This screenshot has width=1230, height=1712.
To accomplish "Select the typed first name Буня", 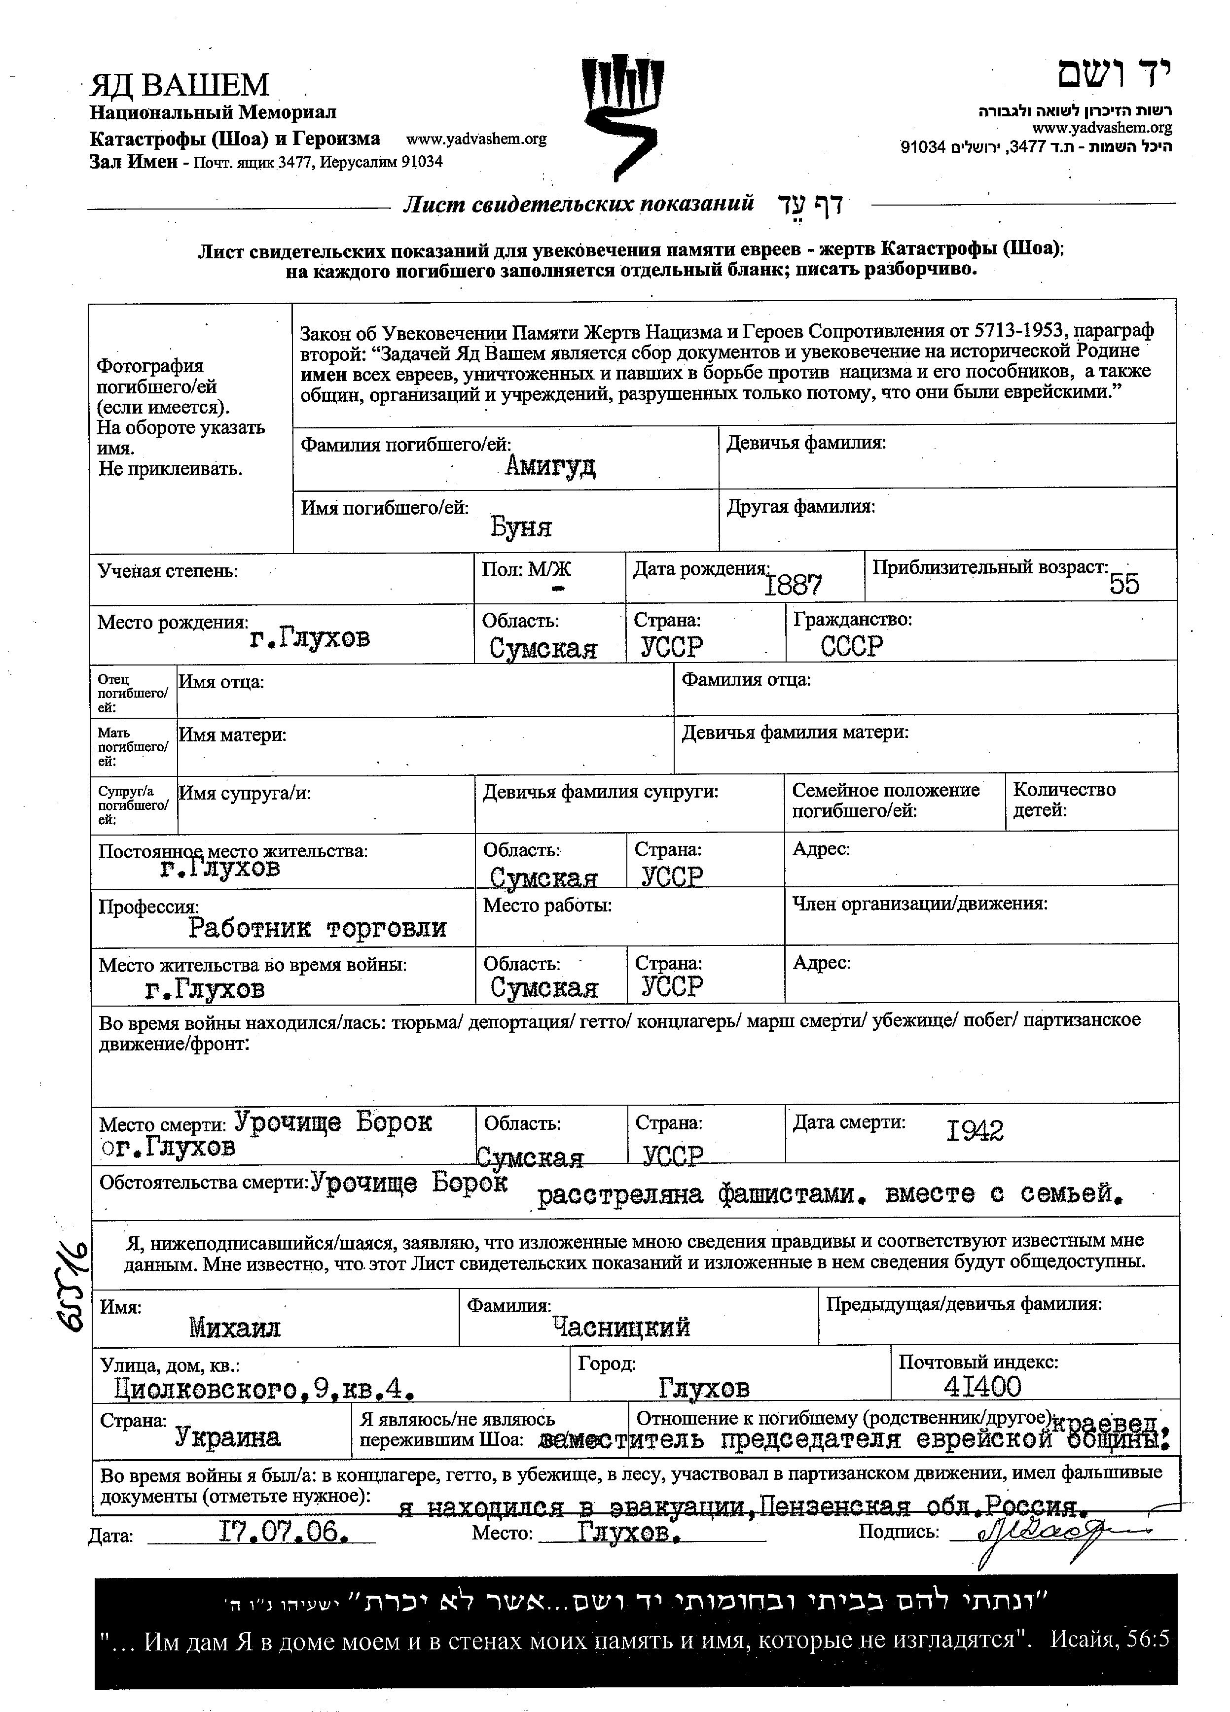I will coord(521,526).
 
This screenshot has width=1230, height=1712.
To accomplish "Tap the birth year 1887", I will coord(793,584).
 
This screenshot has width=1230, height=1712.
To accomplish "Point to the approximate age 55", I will coord(1124,584).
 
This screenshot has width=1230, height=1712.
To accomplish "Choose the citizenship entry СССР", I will coord(852,646).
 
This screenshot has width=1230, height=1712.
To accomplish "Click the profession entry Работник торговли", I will coord(317,928).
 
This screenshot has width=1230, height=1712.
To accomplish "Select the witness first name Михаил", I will coord(234,1327).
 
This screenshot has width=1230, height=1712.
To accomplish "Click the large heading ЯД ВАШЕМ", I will coord(180,85).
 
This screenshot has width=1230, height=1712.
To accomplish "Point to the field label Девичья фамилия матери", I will coord(795,732).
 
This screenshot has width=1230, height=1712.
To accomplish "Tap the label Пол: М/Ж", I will coord(526,570).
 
